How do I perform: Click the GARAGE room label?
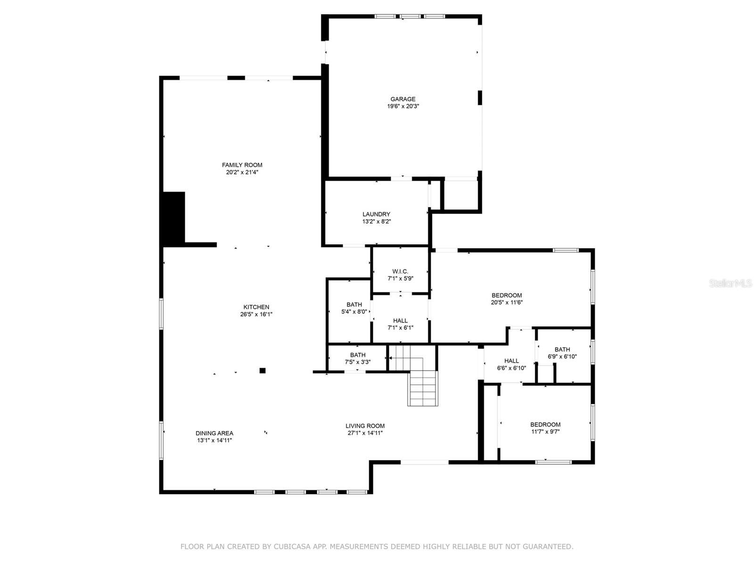[x=403, y=99]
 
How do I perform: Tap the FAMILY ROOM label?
[x=242, y=165]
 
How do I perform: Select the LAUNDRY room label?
[x=376, y=214]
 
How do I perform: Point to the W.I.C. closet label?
[x=400, y=271]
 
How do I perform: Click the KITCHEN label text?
[x=256, y=307]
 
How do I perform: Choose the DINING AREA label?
[x=214, y=433]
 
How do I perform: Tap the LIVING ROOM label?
[x=365, y=426]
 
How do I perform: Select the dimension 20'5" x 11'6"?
[x=507, y=303]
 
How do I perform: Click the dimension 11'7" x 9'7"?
[x=545, y=432]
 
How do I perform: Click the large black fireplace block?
[x=173, y=218]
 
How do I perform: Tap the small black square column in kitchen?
[x=262, y=371]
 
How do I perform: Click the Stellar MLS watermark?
[x=730, y=283]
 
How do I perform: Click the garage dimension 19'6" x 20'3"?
[x=403, y=107]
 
